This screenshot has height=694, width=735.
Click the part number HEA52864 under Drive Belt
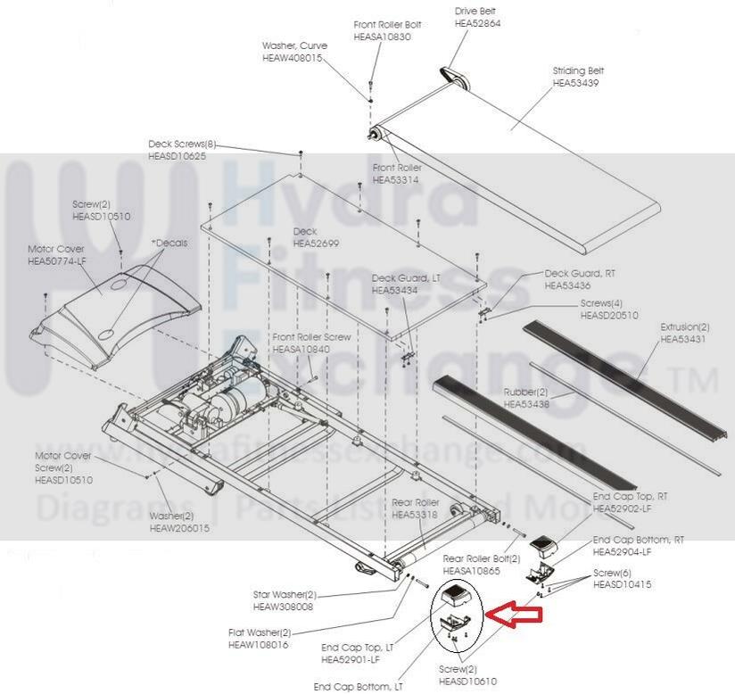pos(477,23)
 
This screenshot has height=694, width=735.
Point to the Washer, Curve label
pos(294,45)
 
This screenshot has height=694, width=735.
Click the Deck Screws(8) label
pos(182,144)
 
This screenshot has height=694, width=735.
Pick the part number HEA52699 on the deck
pos(318,244)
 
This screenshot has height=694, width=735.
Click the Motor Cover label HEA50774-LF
pos(57,260)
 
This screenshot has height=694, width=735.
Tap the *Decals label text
pos(169,244)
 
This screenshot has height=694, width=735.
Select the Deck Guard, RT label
pos(580,273)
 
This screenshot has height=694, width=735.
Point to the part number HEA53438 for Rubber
pos(526,404)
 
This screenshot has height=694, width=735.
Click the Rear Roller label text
pos(415,503)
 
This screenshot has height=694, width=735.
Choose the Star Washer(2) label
pos(285,595)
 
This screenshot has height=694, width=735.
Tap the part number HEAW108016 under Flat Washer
pos(258,644)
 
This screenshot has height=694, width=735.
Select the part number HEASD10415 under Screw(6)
pos(623,584)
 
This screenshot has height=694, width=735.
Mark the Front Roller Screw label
pos(312,337)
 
